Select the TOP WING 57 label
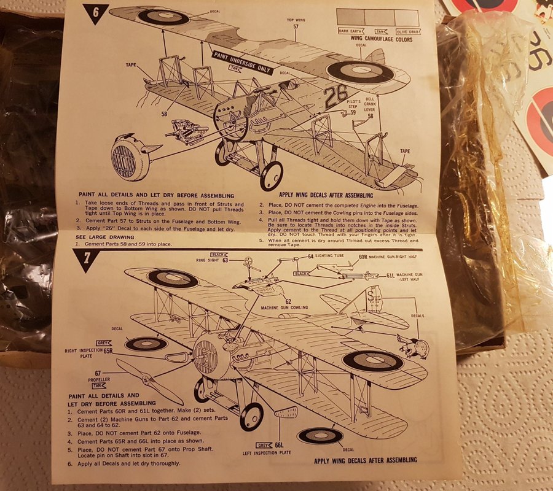click(296, 23)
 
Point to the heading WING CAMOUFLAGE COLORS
click(381, 38)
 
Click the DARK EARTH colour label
click(351, 30)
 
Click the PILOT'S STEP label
click(353, 104)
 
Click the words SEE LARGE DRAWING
click(102, 236)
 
